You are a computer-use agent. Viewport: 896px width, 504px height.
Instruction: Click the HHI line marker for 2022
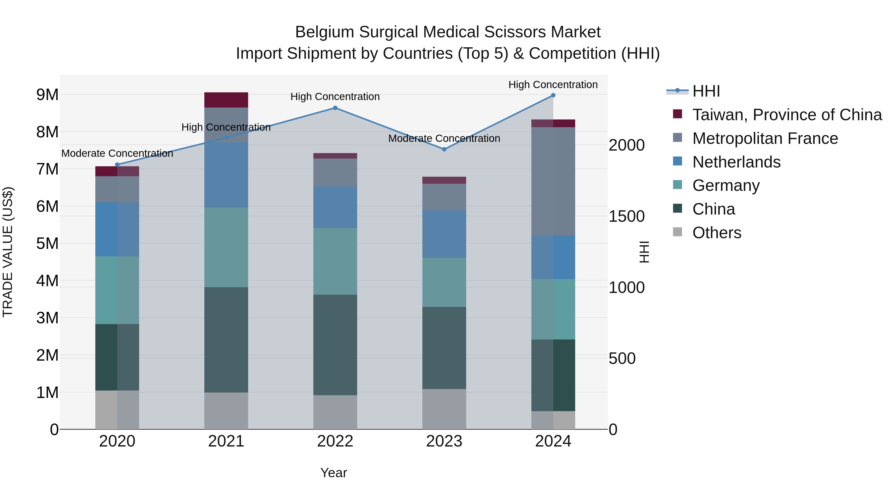click(x=335, y=108)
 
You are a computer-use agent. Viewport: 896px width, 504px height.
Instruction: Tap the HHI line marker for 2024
click(x=553, y=95)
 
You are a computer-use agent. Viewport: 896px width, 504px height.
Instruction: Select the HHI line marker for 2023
click(x=444, y=149)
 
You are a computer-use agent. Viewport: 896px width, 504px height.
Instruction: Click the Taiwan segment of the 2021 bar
click(x=226, y=100)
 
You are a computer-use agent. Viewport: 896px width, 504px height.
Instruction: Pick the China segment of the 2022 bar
click(x=335, y=345)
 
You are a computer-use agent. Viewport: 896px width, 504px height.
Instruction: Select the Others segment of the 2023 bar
click(x=444, y=409)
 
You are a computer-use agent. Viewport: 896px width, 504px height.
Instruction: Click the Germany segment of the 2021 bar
click(x=226, y=247)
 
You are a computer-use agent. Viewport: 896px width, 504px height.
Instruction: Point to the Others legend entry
click(x=717, y=233)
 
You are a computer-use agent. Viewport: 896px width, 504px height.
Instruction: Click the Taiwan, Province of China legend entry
click(x=787, y=115)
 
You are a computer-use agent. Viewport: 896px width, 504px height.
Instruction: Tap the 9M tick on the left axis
click(x=47, y=95)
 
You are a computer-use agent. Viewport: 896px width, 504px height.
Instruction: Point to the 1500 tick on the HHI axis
click(x=626, y=216)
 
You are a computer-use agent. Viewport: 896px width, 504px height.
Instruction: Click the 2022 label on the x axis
click(x=335, y=441)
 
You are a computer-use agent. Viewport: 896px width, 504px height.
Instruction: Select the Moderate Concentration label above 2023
click(x=444, y=138)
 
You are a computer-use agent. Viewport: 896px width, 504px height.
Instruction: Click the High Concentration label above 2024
click(x=553, y=85)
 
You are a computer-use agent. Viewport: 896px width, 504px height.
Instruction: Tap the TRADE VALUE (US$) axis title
click(x=8, y=252)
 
